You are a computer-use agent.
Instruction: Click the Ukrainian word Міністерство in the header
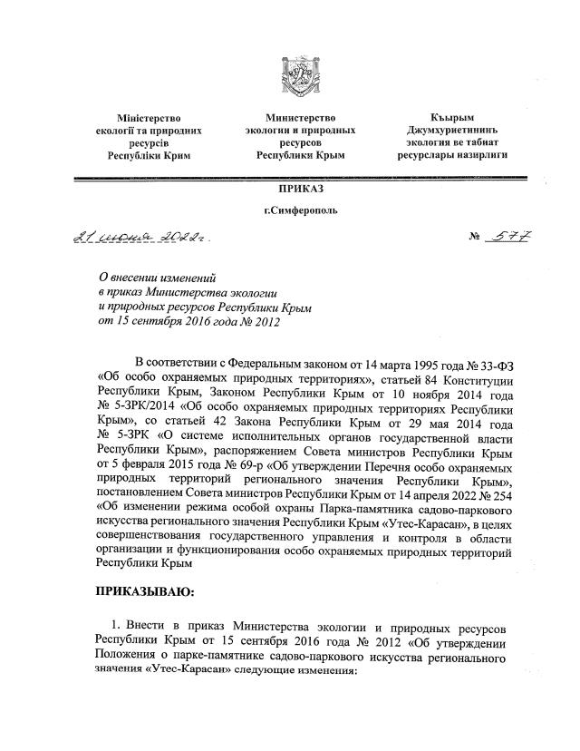[150, 118]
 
